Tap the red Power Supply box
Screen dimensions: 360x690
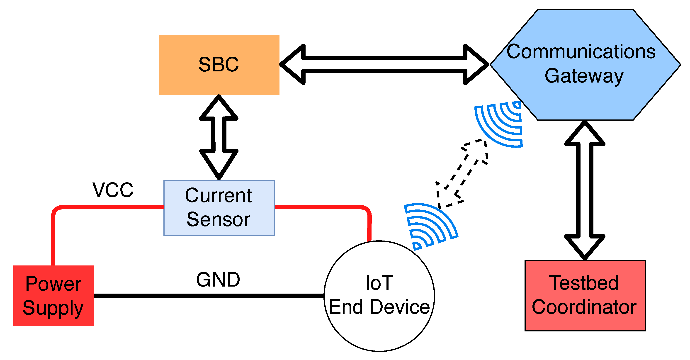pos(53,295)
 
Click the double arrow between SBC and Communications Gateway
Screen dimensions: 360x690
pos(384,64)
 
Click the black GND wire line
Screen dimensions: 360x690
pos(209,295)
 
